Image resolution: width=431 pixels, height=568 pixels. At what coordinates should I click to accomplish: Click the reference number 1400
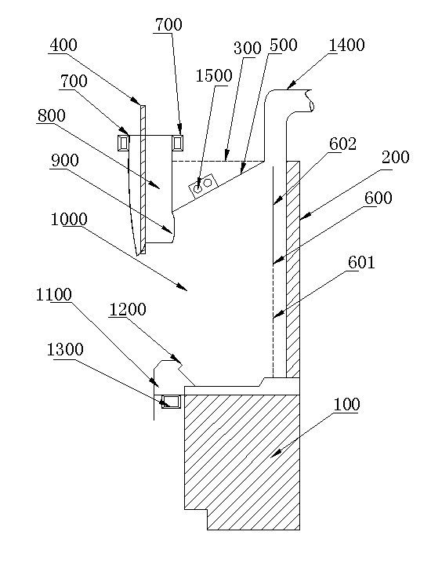[346, 46]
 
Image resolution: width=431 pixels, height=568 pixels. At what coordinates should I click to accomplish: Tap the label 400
[63, 46]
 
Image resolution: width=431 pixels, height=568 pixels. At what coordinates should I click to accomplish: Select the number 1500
[214, 76]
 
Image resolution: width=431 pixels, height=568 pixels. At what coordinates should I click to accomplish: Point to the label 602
[342, 144]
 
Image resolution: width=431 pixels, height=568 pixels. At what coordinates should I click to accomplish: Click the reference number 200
[396, 157]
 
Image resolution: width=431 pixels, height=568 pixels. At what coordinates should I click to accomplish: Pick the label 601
[361, 262]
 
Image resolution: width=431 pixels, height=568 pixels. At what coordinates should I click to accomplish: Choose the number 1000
[69, 220]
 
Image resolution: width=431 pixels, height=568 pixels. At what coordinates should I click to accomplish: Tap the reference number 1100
[53, 295]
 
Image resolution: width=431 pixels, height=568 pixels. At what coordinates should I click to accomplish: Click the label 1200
[128, 310]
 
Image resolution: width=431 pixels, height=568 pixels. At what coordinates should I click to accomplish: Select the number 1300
[65, 350]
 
